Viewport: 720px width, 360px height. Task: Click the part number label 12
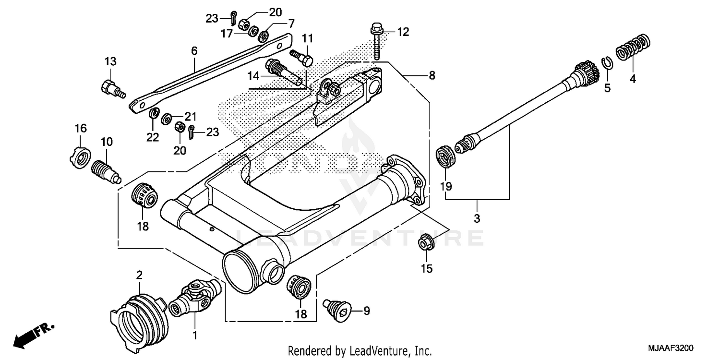pos(403,32)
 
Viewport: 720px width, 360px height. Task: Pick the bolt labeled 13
pos(111,89)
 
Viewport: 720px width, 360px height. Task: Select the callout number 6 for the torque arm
pos(194,50)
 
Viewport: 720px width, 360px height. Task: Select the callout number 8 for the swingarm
pos(432,75)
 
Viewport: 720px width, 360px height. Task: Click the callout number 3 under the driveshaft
pos(477,218)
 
